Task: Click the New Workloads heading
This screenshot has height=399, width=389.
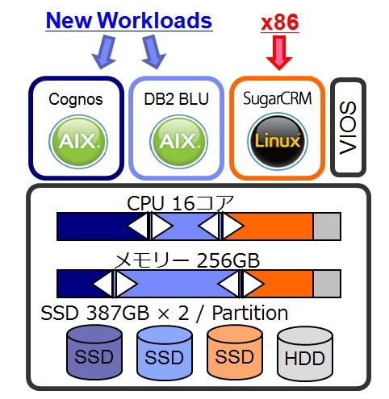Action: (x=129, y=20)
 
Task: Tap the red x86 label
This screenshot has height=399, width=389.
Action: (x=280, y=23)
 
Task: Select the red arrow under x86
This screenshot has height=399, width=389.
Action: (x=279, y=52)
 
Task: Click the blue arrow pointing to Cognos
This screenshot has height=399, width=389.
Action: (x=104, y=52)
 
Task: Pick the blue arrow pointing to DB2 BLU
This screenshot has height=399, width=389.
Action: (x=153, y=52)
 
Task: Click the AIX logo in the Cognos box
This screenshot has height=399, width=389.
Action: (x=78, y=141)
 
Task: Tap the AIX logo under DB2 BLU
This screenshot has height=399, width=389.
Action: (x=178, y=141)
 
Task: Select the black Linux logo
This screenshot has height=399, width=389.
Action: (x=278, y=141)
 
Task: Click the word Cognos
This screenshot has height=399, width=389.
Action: (x=76, y=100)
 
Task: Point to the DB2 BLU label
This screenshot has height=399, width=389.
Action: (x=176, y=99)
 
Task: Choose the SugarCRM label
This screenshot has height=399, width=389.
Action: (x=277, y=99)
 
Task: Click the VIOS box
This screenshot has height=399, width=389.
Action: (x=348, y=127)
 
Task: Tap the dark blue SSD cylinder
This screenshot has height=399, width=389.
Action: (x=94, y=352)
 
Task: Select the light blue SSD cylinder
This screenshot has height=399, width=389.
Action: (x=165, y=352)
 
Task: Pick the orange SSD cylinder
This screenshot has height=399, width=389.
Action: (x=235, y=352)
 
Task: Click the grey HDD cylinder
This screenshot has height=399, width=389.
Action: (x=305, y=352)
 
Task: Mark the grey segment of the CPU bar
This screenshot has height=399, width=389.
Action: (x=327, y=227)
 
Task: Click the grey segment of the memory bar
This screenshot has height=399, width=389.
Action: (x=327, y=284)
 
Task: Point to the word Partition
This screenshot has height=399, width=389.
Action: (x=250, y=313)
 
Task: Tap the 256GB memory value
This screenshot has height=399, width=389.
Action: (x=228, y=260)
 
